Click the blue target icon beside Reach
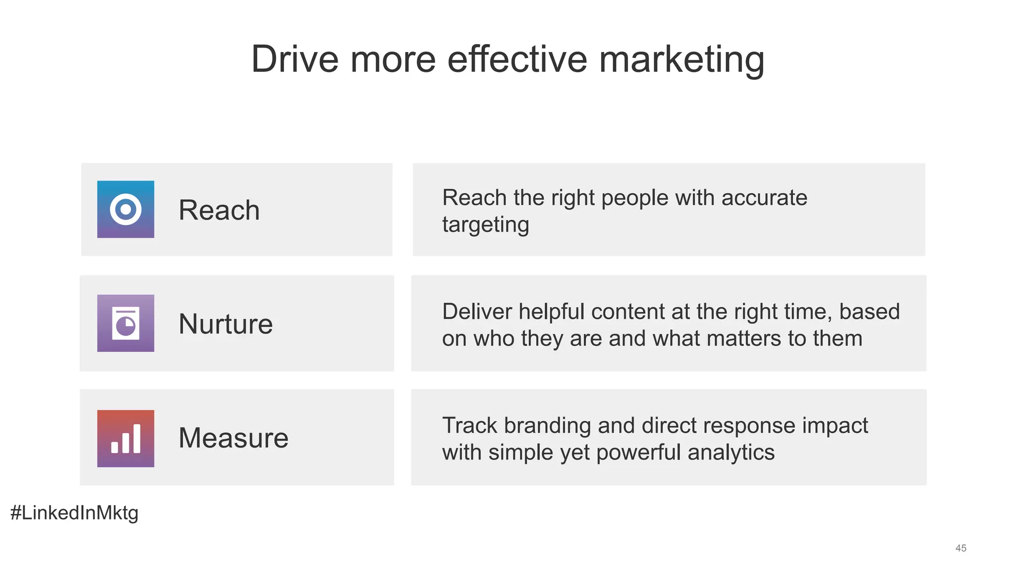point(125,209)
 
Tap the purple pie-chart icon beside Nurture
point(125,323)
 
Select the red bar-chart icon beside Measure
point(125,438)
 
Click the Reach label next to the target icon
point(219,210)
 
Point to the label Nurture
point(226,324)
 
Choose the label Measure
point(233,438)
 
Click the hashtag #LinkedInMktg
point(74,513)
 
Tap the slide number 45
point(961,548)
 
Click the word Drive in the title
point(295,59)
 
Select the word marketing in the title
point(681,60)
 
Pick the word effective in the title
point(517,59)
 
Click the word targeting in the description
point(486,225)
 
